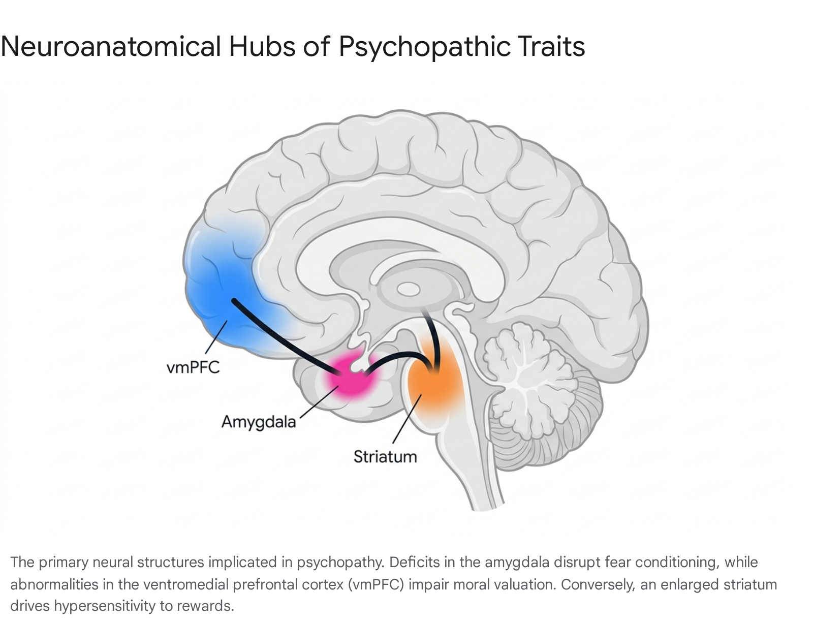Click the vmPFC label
point(193,367)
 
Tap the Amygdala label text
point(259,422)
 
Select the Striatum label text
point(385,457)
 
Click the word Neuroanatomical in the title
point(111,47)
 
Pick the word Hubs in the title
point(262,47)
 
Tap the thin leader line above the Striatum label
point(407,419)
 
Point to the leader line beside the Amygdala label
point(319,401)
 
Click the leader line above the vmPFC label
point(216,337)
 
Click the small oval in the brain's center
point(408,289)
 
